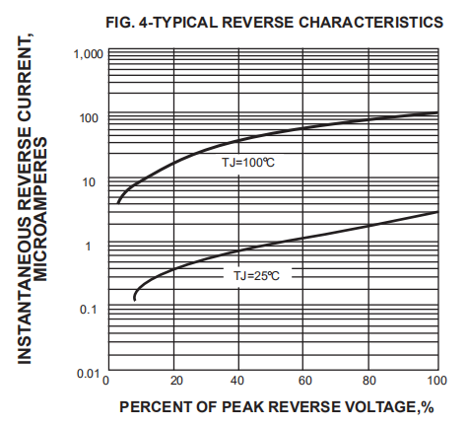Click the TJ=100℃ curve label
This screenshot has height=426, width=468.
[247, 161]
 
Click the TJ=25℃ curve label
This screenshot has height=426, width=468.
[256, 276]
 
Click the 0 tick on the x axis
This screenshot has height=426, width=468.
[110, 382]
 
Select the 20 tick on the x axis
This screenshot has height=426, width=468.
[175, 382]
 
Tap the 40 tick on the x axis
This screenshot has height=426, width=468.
[240, 382]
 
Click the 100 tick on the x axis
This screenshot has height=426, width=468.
[435, 382]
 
